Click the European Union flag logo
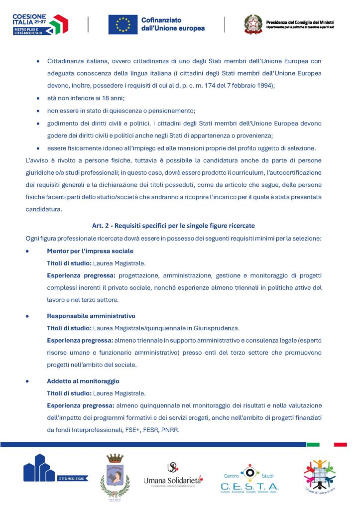click(x=123, y=24)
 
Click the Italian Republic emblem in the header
click(x=253, y=24)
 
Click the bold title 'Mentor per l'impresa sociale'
click(x=90, y=251)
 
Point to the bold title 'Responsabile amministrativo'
click(x=91, y=316)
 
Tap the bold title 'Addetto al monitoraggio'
click(x=83, y=381)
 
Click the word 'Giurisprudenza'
click(x=216, y=328)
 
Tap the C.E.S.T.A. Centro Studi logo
click(x=249, y=479)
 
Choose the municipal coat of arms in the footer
click(x=115, y=476)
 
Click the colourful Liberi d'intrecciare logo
click(x=320, y=476)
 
